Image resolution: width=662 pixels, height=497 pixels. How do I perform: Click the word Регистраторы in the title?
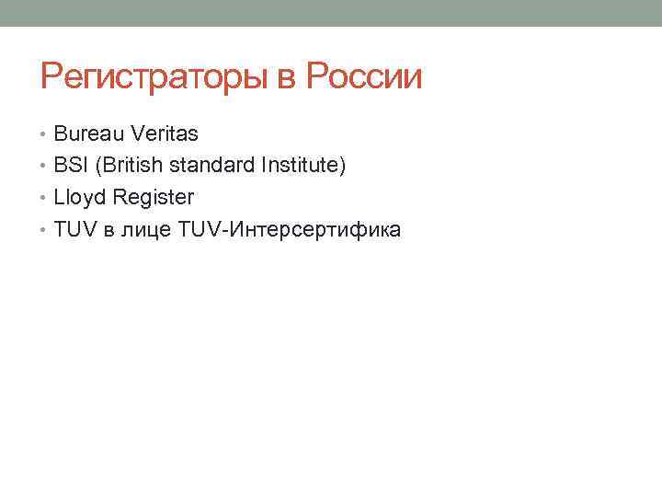(x=154, y=77)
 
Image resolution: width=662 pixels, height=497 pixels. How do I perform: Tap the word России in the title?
(x=363, y=77)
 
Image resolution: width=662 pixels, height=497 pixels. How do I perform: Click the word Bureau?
(x=90, y=134)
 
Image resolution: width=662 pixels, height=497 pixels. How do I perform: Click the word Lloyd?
(x=80, y=197)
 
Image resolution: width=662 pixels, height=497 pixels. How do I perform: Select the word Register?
(x=154, y=198)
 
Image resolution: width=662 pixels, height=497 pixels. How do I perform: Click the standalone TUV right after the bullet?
(x=74, y=229)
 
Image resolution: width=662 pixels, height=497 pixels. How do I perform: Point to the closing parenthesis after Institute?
(x=343, y=167)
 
